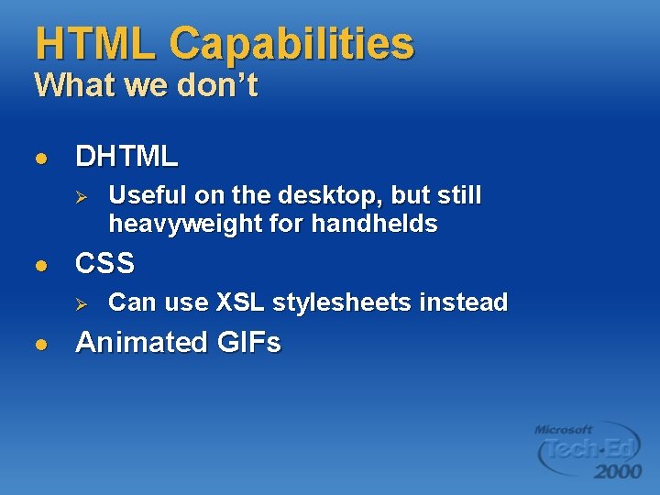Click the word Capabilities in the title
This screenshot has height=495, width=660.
pos(291,44)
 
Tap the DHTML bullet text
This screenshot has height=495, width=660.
pos(126,157)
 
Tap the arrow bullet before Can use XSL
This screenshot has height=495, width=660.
pos(80,303)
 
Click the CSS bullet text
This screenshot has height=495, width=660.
pos(104,264)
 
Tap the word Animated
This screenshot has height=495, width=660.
pos(142,342)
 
